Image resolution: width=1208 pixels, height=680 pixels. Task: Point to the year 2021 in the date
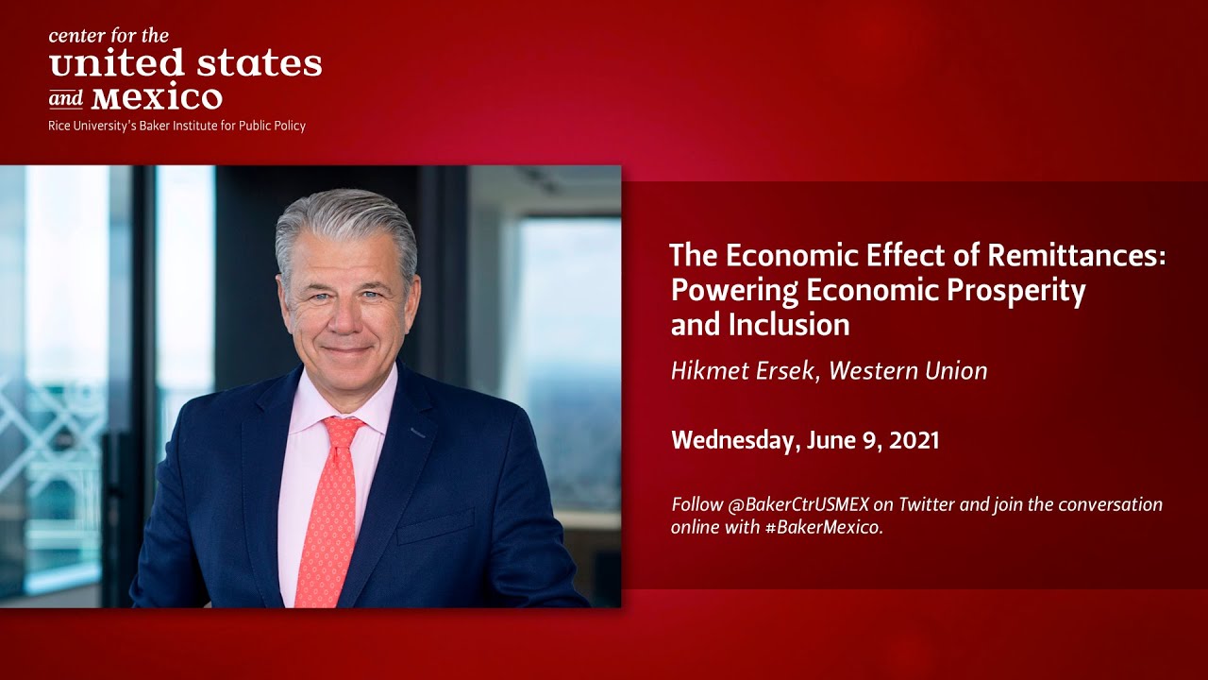coord(914,440)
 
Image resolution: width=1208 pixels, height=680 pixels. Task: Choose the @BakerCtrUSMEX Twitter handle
coord(799,504)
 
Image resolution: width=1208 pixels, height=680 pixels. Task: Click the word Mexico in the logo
coord(158,97)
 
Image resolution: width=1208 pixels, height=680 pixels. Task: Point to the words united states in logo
coord(185,64)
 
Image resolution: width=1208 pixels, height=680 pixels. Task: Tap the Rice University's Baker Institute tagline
coord(176,126)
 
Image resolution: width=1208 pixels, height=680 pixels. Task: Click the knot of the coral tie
coord(343,433)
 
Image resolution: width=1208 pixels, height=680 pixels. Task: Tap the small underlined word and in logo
coord(65,99)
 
